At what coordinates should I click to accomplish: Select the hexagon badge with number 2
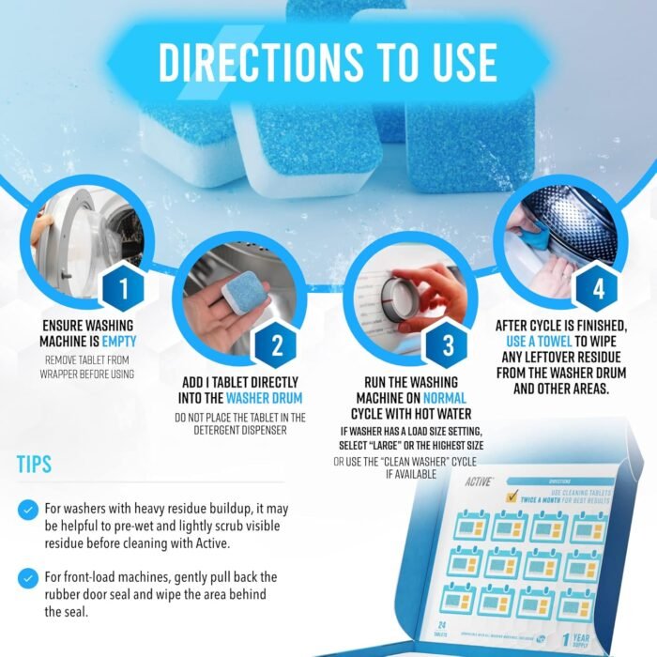(276, 346)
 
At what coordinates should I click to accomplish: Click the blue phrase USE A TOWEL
(538, 342)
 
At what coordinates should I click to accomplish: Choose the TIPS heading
(34, 466)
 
